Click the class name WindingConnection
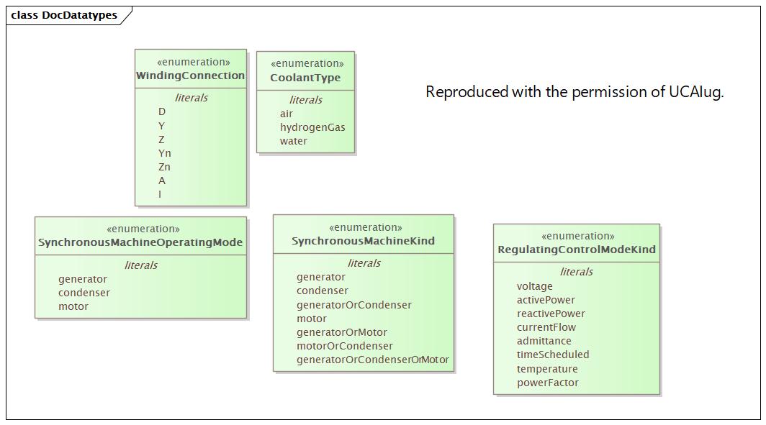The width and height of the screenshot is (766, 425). [191, 76]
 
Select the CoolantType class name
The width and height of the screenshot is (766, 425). [305, 78]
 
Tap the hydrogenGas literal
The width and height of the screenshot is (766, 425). [312, 127]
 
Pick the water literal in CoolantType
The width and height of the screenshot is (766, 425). [294, 141]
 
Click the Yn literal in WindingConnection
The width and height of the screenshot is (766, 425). [165, 153]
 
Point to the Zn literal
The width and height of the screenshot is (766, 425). [165, 167]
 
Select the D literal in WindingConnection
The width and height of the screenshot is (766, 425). [162, 111]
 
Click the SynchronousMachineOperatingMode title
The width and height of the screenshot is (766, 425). [140, 242]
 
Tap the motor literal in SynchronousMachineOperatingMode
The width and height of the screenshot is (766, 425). [73, 306]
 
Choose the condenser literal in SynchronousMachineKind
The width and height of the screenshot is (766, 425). [323, 291]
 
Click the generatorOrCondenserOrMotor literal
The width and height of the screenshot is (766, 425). [372, 360]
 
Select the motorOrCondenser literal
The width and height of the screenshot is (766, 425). [345, 346]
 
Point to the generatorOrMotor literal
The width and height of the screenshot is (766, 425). [342, 332]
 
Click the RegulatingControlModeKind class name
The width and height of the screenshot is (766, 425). [577, 250]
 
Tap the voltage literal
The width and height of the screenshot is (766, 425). [535, 286]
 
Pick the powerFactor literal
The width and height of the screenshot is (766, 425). [548, 383]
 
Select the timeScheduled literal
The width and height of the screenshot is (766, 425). [553, 355]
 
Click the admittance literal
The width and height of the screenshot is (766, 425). [544, 341]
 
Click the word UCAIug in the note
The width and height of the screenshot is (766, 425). [695, 92]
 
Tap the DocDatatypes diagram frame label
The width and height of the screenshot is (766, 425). [64, 15]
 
